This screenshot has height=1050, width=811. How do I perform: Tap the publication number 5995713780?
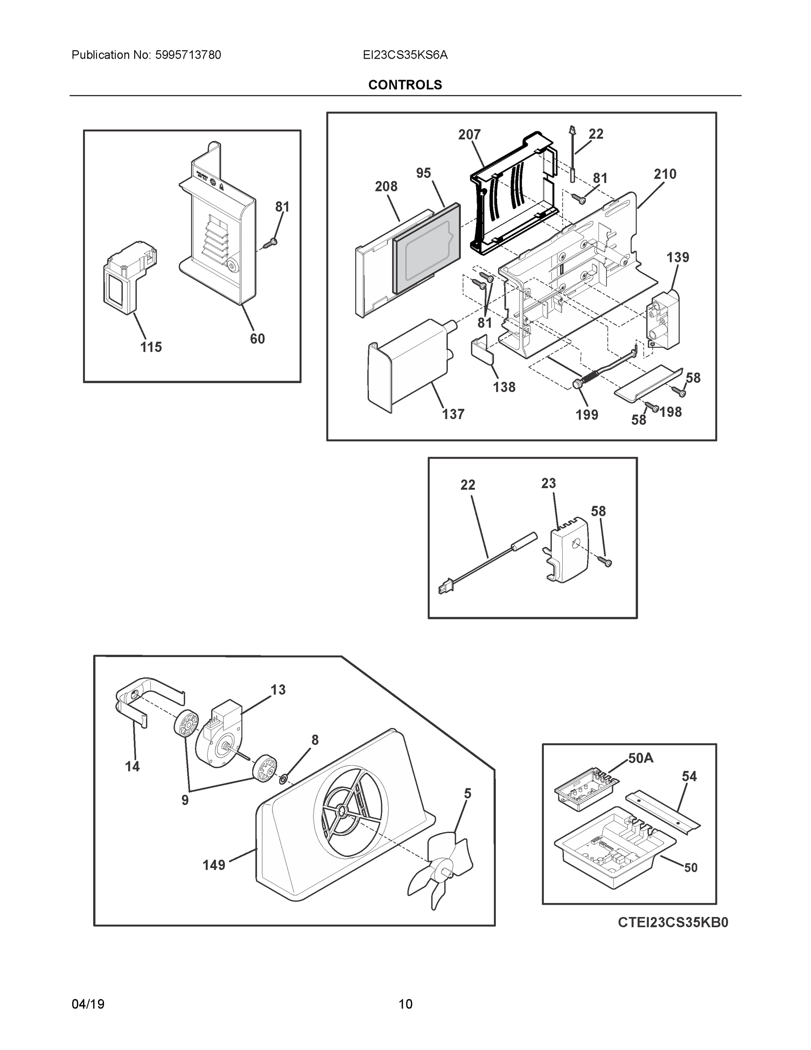[x=188, y=55]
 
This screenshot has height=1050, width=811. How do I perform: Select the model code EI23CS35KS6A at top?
[x=405, y=55]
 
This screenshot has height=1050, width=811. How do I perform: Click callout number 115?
[x=151, y=346]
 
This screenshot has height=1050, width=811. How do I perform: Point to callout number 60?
[x=257, y=339]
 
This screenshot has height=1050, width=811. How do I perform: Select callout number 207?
[x=469, y=135]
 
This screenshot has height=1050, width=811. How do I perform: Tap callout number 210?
[x=665, y=174]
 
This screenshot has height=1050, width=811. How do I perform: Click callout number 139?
[x=677, y=257]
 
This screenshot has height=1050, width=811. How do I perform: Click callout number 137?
[x=453, y=414]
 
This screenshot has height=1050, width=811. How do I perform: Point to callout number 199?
[x=587, y=414]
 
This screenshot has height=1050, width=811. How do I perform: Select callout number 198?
[x=670, y=412]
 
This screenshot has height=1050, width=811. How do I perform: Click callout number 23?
[x=548, y=483]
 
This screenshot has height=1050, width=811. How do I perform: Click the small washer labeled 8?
[x=283, y=777]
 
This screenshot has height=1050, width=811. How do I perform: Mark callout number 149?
[x=214, y=865]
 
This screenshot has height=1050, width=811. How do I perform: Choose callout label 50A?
[x=640, y=758]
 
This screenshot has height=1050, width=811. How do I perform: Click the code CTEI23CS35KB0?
[x=673, y=922]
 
